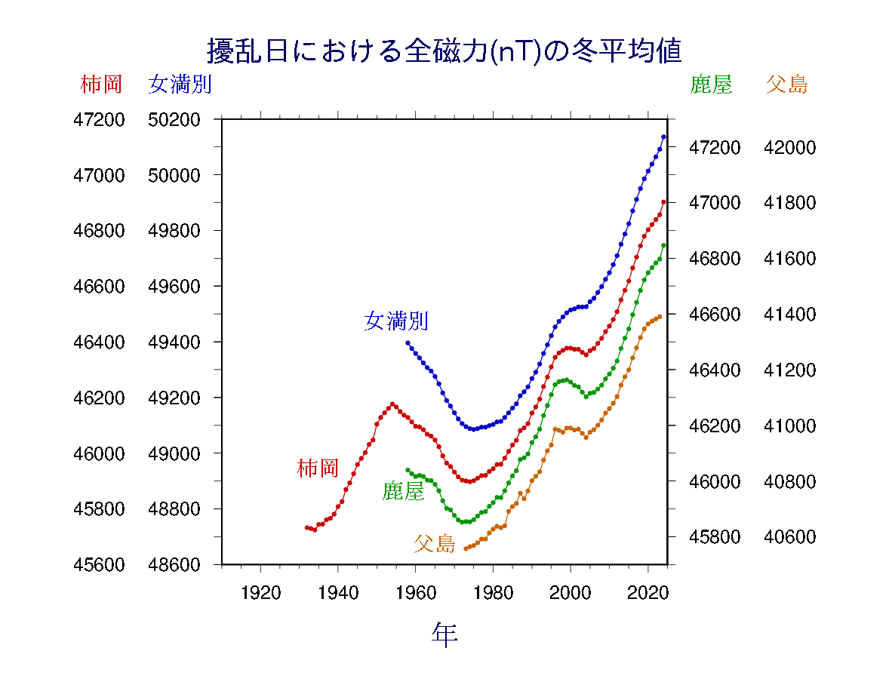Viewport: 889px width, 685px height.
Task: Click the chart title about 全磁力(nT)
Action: coord(444,51)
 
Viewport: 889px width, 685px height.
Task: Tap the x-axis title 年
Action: coord(444,634)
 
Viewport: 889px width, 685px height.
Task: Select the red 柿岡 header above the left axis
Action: coord(101,84)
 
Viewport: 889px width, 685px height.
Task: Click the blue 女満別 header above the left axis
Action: coord(180,84)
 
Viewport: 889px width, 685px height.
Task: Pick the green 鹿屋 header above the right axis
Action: coord(711,84)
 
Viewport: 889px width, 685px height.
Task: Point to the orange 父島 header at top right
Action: coord(787,84)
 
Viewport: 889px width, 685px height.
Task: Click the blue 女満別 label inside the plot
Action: coord(396,321)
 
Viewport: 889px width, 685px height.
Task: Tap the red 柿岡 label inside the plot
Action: coord(318,468)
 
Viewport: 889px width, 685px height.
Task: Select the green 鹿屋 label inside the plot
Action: coord(404,492)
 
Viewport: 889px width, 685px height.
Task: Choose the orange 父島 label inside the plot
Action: coord(435,543)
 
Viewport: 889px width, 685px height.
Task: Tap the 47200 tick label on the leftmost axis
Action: coord(98,119)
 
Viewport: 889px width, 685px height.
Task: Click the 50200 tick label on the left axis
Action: coord(174,119)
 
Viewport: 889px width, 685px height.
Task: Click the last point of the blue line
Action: coord(663,137)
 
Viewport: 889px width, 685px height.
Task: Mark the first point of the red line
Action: coord(306,527)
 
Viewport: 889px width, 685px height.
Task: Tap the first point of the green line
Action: coord(408,470)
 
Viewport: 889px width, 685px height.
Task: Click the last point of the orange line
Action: coord(660,317)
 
